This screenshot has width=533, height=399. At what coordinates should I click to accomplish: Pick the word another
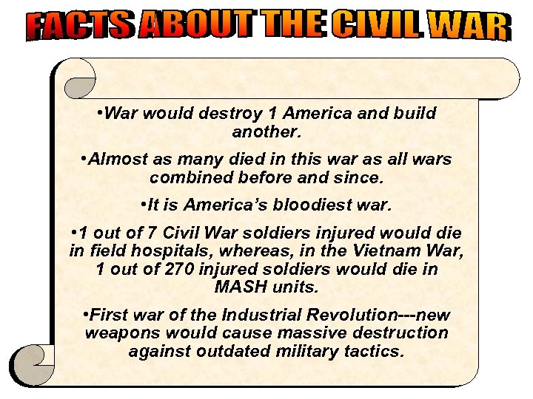[266, 133]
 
